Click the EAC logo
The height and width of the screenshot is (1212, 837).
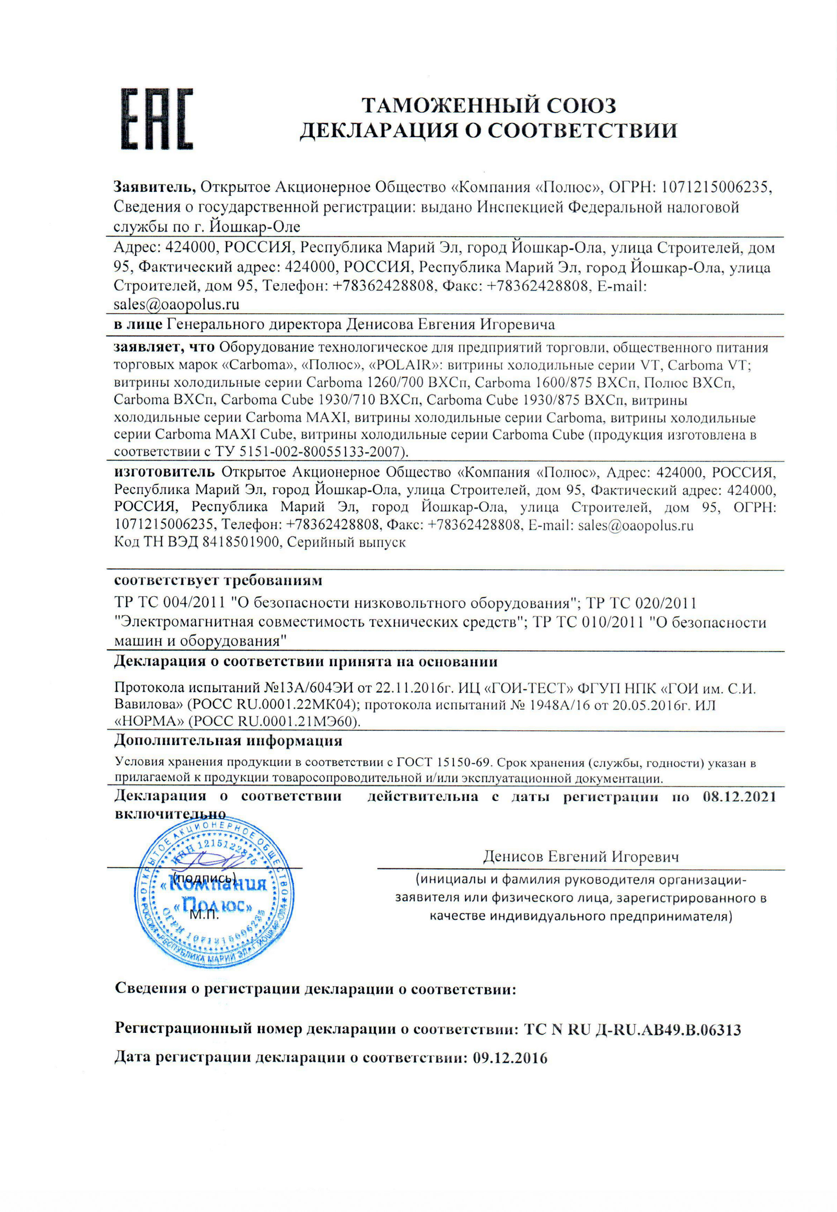(x=157, y=119)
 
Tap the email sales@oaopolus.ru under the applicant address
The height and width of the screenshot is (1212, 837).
(x=176, y=304)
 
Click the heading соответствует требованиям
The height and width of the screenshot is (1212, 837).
(x=218, y=581)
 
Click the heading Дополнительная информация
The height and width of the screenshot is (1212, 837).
(x=228, y=741)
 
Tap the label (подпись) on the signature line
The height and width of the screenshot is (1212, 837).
(x=206, y=878)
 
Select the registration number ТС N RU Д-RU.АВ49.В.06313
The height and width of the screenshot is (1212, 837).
(x=632, y=1030)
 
